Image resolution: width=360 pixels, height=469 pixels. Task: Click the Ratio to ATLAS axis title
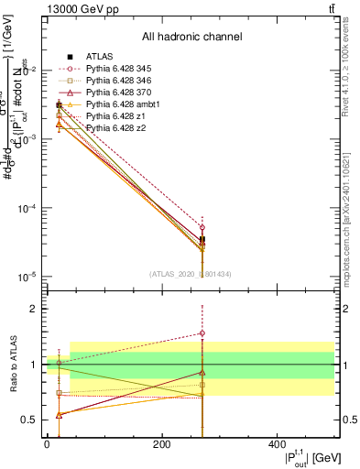pos(12,364)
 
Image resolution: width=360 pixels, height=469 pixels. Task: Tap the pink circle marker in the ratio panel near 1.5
pos(202,333)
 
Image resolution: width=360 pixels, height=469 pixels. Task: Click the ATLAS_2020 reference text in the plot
pos(190,275)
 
